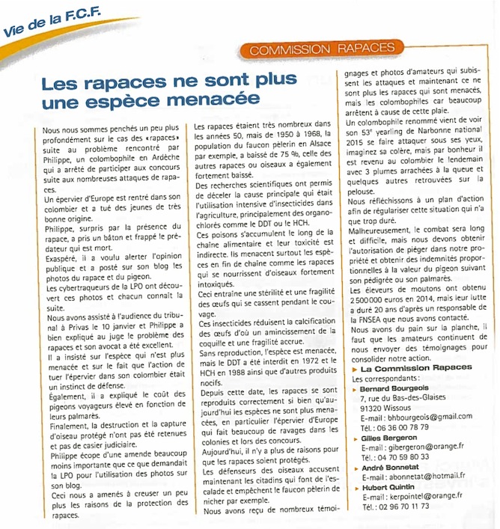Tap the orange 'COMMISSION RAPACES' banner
point(323,49)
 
